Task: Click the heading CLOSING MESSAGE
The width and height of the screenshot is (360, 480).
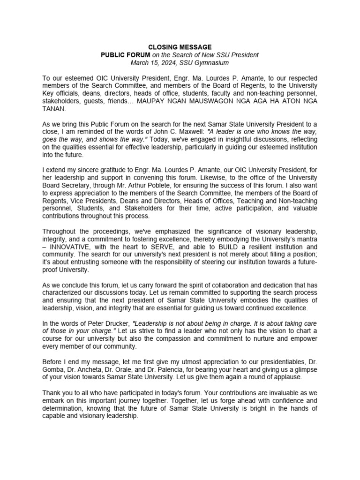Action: click(180, 47)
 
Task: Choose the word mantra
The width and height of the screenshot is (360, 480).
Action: click(306, 239)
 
